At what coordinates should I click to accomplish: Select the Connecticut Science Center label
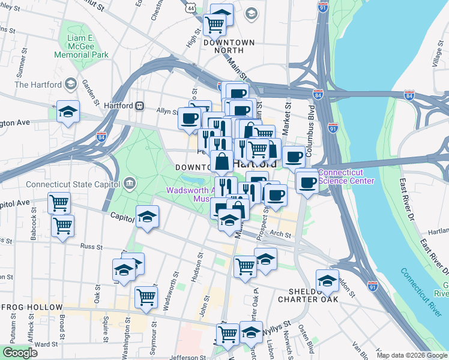tap(346, 176)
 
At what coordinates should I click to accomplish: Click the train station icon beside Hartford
tap(139, 105)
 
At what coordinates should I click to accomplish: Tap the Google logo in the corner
tap(20, 353)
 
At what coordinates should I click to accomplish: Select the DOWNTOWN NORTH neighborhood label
tap(229, 43)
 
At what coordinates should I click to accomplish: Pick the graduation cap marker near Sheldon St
tap(327, 280)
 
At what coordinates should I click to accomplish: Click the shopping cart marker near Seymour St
tap(146, 296)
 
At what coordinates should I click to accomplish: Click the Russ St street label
tap(92, 246)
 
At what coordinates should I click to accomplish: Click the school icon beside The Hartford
tap(71, 85)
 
